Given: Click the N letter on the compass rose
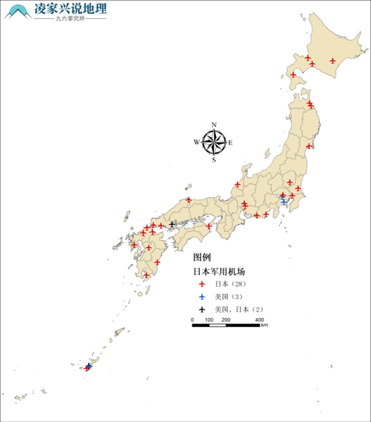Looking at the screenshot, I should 214,125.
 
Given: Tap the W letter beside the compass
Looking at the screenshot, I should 197,143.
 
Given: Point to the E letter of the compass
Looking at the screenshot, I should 231,143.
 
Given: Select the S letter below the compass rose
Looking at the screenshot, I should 214,160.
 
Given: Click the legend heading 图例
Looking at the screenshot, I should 203,257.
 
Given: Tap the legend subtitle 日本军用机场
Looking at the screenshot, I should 219,271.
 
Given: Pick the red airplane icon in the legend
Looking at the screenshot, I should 201,284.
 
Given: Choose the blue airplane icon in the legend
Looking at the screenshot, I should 201,297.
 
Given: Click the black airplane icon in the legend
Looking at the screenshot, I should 201,309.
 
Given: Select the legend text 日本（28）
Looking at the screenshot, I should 231,284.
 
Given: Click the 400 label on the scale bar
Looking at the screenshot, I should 259,319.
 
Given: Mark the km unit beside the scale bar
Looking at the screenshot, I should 265,326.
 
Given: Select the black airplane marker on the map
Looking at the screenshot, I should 172,224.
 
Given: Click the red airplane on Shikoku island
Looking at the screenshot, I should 209,226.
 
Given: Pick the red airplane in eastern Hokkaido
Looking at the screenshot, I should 333,61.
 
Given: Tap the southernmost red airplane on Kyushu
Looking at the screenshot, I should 146,275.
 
